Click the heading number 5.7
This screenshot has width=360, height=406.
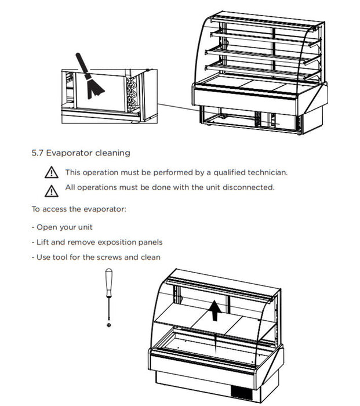tap(38, 153)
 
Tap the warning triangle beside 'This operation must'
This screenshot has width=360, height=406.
tap(52, 172)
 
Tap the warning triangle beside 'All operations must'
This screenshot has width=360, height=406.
tap(52, 190)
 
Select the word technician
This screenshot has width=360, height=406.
tap(267, 172)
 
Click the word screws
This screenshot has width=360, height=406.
tap(110, 257)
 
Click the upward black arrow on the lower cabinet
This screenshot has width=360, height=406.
tap(216, 310)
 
